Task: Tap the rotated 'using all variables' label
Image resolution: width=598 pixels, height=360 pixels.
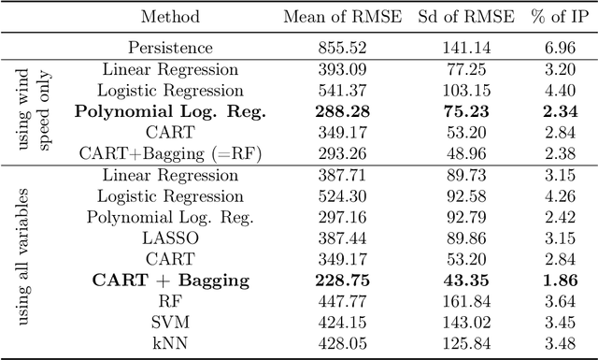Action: point(24,259)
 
